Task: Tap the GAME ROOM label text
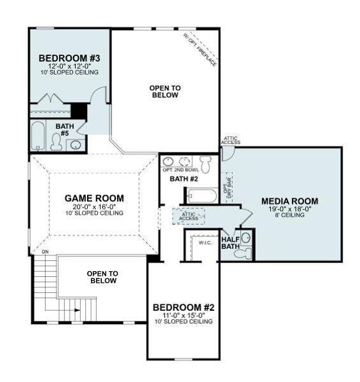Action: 93,198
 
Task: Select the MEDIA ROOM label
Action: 289,201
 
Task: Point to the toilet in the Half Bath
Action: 242,253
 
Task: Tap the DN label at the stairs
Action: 45,252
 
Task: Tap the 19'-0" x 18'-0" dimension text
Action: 289,209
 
